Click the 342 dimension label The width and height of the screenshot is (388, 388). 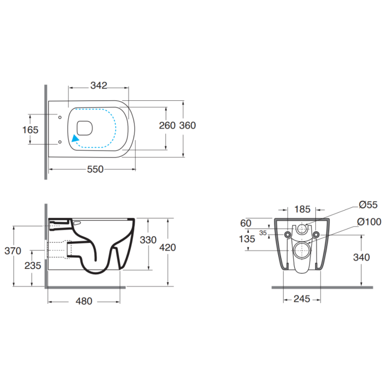coord(99,85)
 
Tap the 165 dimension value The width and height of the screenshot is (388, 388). coord(30,130)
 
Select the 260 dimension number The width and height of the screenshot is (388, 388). coord(167,125)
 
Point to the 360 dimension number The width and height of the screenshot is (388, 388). coord(187,125)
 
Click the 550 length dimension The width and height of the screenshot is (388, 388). coord(95,169)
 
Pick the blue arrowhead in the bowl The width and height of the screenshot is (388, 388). coord(75,138)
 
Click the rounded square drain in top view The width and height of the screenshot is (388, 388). coord(85,128)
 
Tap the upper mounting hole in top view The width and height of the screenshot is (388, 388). coord(60,118)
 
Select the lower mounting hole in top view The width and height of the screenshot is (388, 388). coord(60,142)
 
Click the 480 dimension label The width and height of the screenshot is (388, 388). coord(84,301)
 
